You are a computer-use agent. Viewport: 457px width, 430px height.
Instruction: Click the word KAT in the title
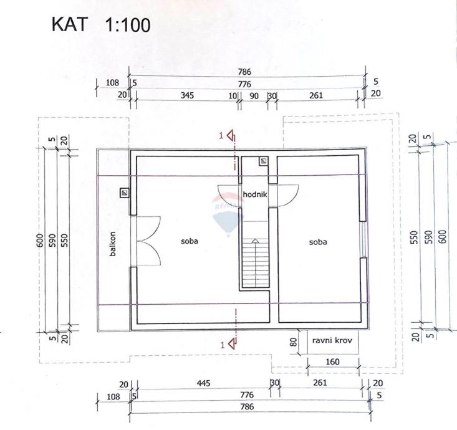click(x=69, y=25)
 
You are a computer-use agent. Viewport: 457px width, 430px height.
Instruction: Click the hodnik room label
click(x=255, y=194)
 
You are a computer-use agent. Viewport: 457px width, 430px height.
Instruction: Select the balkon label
click(x=113, y=244)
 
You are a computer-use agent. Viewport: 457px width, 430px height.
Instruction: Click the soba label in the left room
click(x=189, y=241)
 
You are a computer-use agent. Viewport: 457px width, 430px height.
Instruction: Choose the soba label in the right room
click(x=317, y=242)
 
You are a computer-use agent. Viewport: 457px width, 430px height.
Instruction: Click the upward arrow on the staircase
click(x=254, y=241)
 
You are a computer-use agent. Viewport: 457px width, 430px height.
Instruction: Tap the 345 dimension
click(x=186, y=95)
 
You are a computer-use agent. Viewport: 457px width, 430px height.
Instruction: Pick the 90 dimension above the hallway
click(x=254, y=95)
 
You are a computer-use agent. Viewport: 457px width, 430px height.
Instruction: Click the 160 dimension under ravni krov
click(x=332, y=361)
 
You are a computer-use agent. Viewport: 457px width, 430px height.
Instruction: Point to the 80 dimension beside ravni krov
click(x=294, y=342)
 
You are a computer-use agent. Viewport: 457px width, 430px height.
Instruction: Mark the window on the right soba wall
click(x=363, y=239)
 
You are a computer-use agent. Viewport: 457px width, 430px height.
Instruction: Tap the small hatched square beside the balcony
click(x=125, y=193)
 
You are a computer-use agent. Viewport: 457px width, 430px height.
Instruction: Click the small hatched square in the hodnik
click(x=264, y=161)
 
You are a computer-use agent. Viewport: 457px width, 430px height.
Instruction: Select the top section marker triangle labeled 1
click(x=230, y=135)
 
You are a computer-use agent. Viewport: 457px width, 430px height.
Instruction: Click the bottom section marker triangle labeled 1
click(x=231, y=342)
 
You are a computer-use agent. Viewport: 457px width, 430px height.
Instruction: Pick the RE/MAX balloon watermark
click(x=228, y=215)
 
